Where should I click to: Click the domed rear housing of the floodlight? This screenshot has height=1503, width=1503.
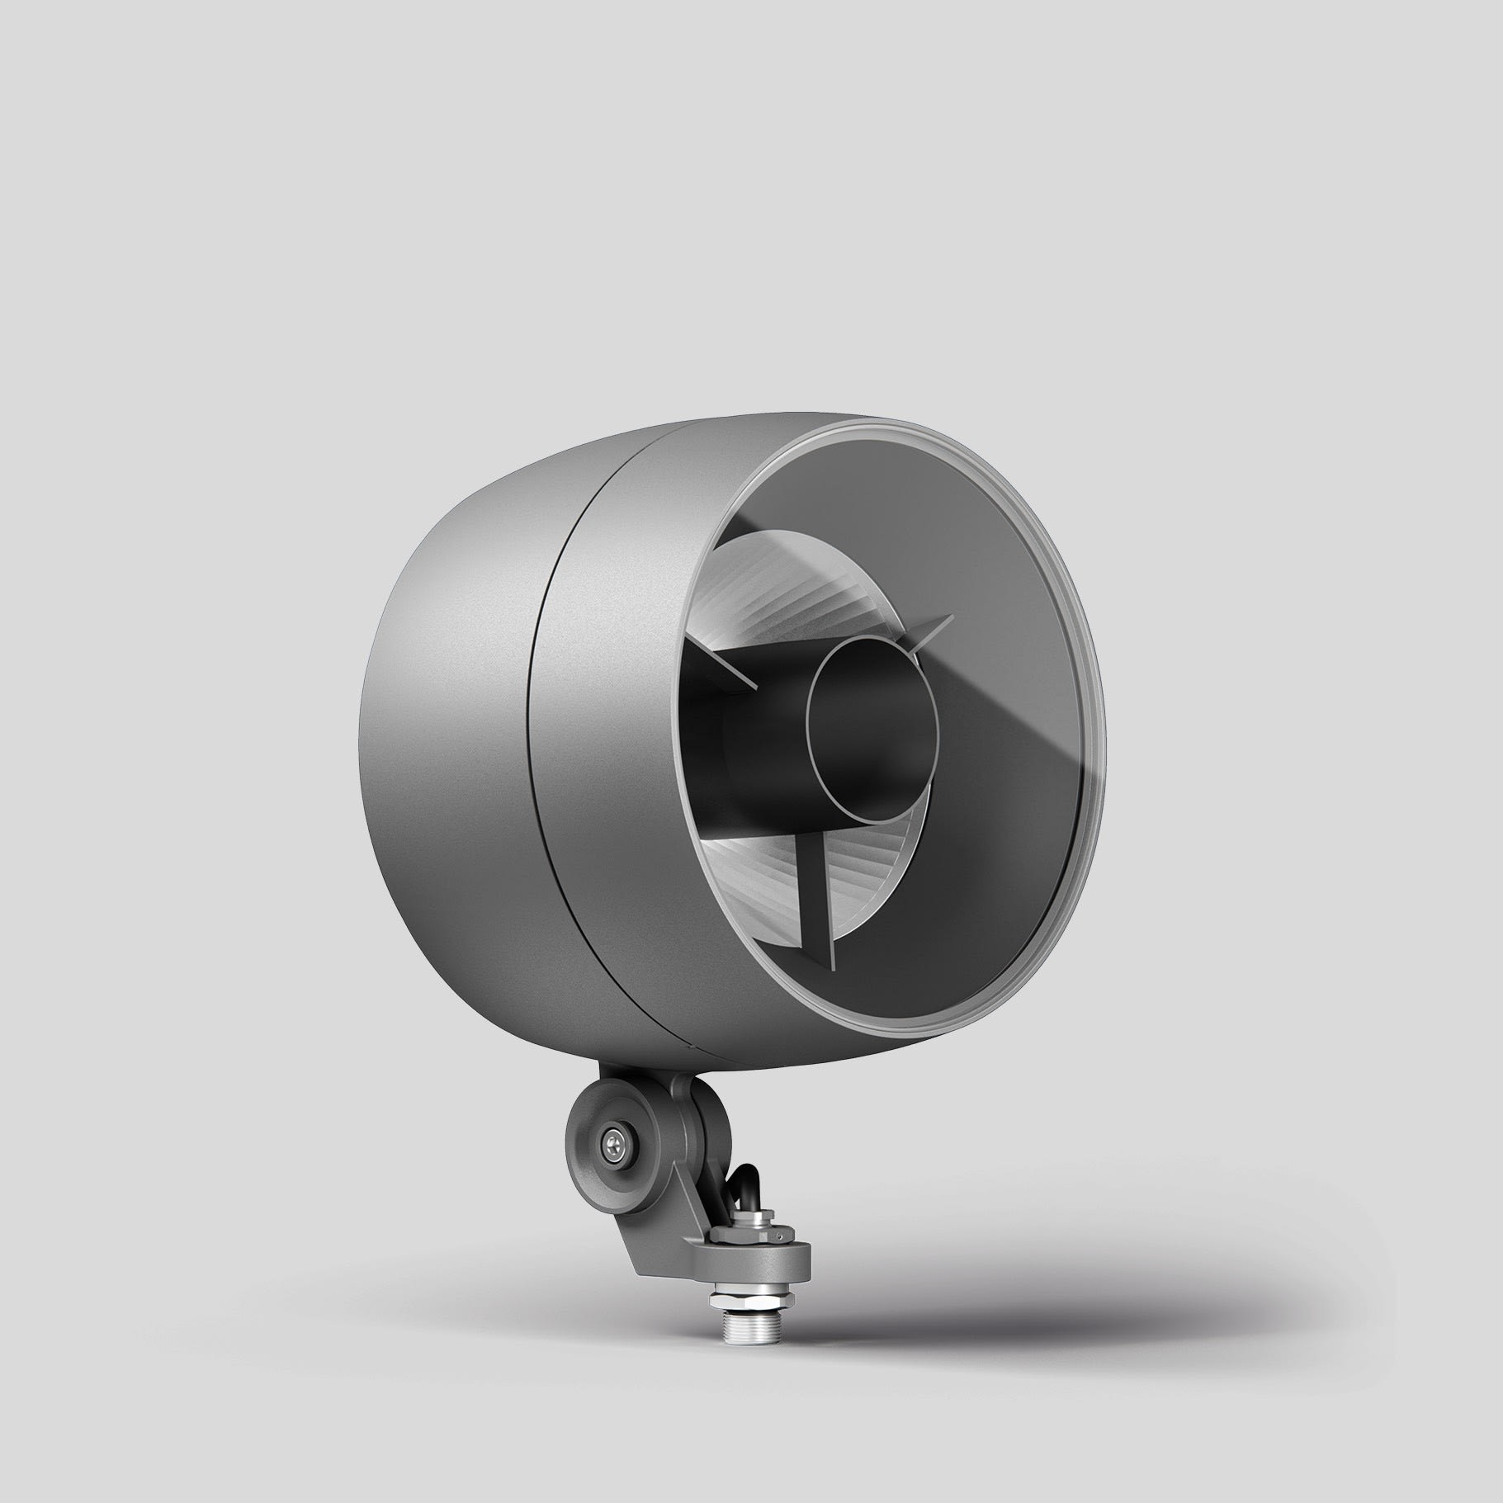pyautogui.click(x=446, y=726)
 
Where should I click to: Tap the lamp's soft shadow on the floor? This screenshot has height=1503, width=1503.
pyautogui.click(x=1032, y=1288)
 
